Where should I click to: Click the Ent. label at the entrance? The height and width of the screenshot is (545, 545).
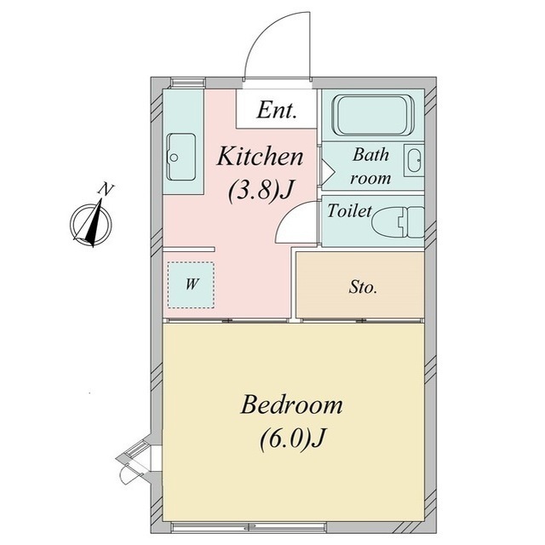click(x=277, y=110)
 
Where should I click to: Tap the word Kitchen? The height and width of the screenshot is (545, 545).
click(x=260, y=157)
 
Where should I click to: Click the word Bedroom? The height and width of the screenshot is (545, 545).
click(x=291, y=404)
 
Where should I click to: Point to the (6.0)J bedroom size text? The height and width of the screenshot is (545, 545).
click(x=292, y=439)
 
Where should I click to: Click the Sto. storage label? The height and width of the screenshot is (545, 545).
click(x=363, y=287)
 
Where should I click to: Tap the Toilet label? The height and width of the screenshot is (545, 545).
click(x=349, y=210)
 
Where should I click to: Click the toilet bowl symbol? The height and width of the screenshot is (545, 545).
click(x=399, y=222)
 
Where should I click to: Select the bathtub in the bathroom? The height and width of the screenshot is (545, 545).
click(x=373, y=115)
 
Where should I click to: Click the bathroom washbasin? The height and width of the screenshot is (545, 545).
click(x=415, y=160)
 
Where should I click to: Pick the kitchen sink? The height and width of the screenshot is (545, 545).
click(x=181, y=157)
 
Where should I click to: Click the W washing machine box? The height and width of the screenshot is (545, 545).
click(x=191, y=284)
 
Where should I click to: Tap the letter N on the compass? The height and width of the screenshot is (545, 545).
click(x=106, y=190)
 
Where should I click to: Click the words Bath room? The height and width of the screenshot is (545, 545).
click(x=370, y=166)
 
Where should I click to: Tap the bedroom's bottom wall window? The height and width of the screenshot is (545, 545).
click(x=250, y=527)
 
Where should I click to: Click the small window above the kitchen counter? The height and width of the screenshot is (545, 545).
click(x=187, y=83)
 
